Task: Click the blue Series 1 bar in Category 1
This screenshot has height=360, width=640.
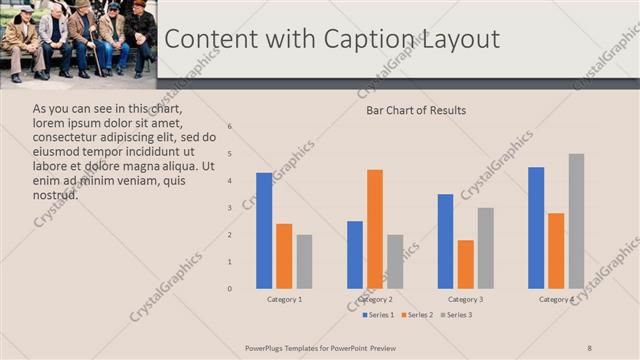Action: [x=264, y=231]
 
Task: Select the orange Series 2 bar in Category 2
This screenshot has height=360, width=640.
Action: [x=375, y=229]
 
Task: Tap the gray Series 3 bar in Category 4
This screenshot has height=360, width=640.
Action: [x=576, y=221]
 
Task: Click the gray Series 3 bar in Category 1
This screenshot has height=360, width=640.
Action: [x=304, y=262]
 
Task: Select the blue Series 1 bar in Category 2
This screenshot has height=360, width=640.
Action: [x=355, y=255]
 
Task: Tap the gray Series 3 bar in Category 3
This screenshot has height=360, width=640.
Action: [x=485, y=248]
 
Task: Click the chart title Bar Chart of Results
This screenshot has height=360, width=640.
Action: [x=416, y=110]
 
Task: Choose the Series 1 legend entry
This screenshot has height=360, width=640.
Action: [x=377, y=315]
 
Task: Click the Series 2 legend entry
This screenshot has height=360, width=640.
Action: [x=416, y=315]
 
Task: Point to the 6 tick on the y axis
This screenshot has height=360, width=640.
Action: [x=230, y=127]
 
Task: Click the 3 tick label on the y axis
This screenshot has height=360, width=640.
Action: [x=230, y=208]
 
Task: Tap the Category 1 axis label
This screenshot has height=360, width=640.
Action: [x=284, y=299]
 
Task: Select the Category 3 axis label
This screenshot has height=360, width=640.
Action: [x=465, y=299]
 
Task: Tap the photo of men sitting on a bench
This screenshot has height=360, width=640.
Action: [x=78, y=40]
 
